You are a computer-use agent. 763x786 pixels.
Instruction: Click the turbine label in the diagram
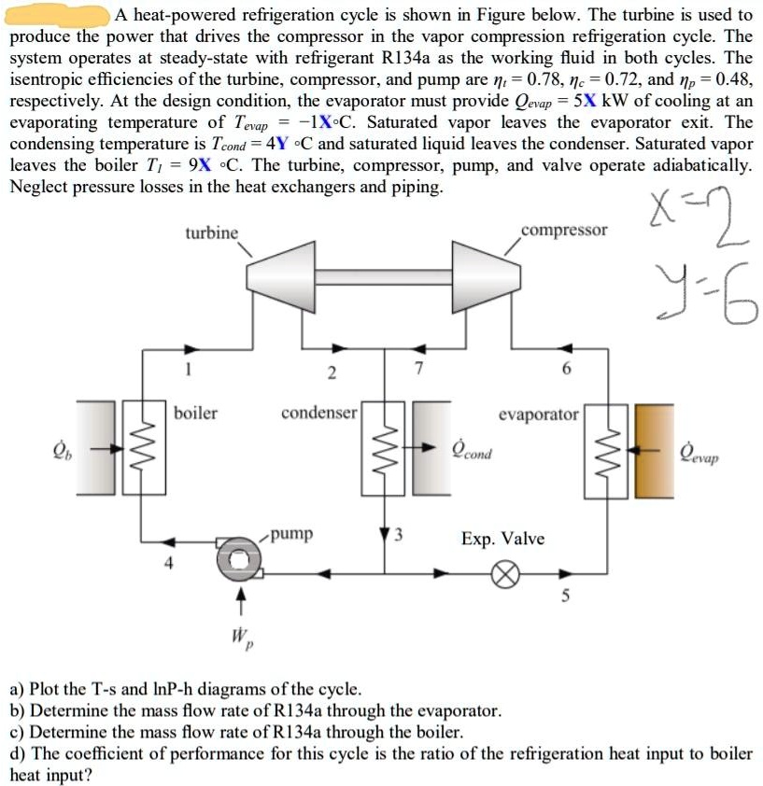(x=211, y=232)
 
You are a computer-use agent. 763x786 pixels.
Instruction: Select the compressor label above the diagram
(x=564, y=230)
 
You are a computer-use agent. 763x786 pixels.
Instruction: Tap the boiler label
(x=195, y=412)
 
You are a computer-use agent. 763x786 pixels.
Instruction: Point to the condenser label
(x=318, y=412)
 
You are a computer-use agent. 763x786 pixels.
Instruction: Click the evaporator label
(x=539, y=414)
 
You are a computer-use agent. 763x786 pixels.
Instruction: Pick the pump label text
(x=293, y=535)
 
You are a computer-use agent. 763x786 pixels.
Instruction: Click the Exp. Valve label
(x=502, y=540)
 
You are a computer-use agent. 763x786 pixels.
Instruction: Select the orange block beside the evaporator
(x=654, y=449)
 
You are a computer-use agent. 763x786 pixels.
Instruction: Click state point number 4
(x=168, y=565)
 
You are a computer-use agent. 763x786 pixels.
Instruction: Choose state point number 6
(x=565, y=370)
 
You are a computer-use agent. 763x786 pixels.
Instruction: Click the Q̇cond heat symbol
(x=472, y=451)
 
